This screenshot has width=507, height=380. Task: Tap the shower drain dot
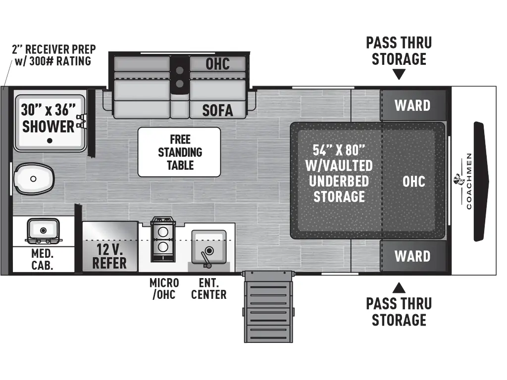[50, 141]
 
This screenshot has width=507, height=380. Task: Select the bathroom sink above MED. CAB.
[43, 231]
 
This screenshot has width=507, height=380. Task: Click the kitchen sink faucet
[205, 257]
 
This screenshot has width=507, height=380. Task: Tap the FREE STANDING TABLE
[179, 152]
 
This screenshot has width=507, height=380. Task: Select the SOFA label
[217, 110]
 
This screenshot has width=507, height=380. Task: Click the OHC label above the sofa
[217, 64]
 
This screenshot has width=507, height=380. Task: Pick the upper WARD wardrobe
[412, 105]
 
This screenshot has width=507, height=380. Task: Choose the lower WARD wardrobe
[412, 256]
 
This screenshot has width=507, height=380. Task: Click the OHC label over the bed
[413, 181]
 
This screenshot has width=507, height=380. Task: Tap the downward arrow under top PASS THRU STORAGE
[399, 75]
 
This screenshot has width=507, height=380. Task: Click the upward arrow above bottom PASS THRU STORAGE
[399, 287]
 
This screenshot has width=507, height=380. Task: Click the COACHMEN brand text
[469, 181]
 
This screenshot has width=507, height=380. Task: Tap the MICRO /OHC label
[164, 288]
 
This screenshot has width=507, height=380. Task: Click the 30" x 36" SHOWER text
[49, 117]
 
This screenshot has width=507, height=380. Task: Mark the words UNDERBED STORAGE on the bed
[339, 189]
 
